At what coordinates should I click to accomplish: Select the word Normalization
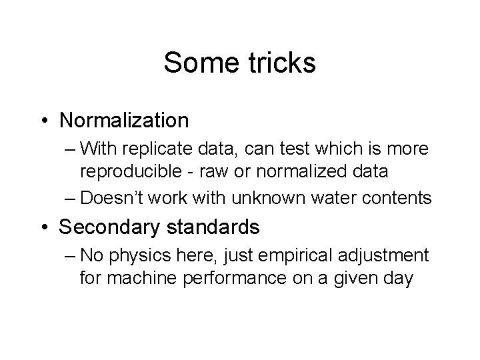[124, 120]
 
